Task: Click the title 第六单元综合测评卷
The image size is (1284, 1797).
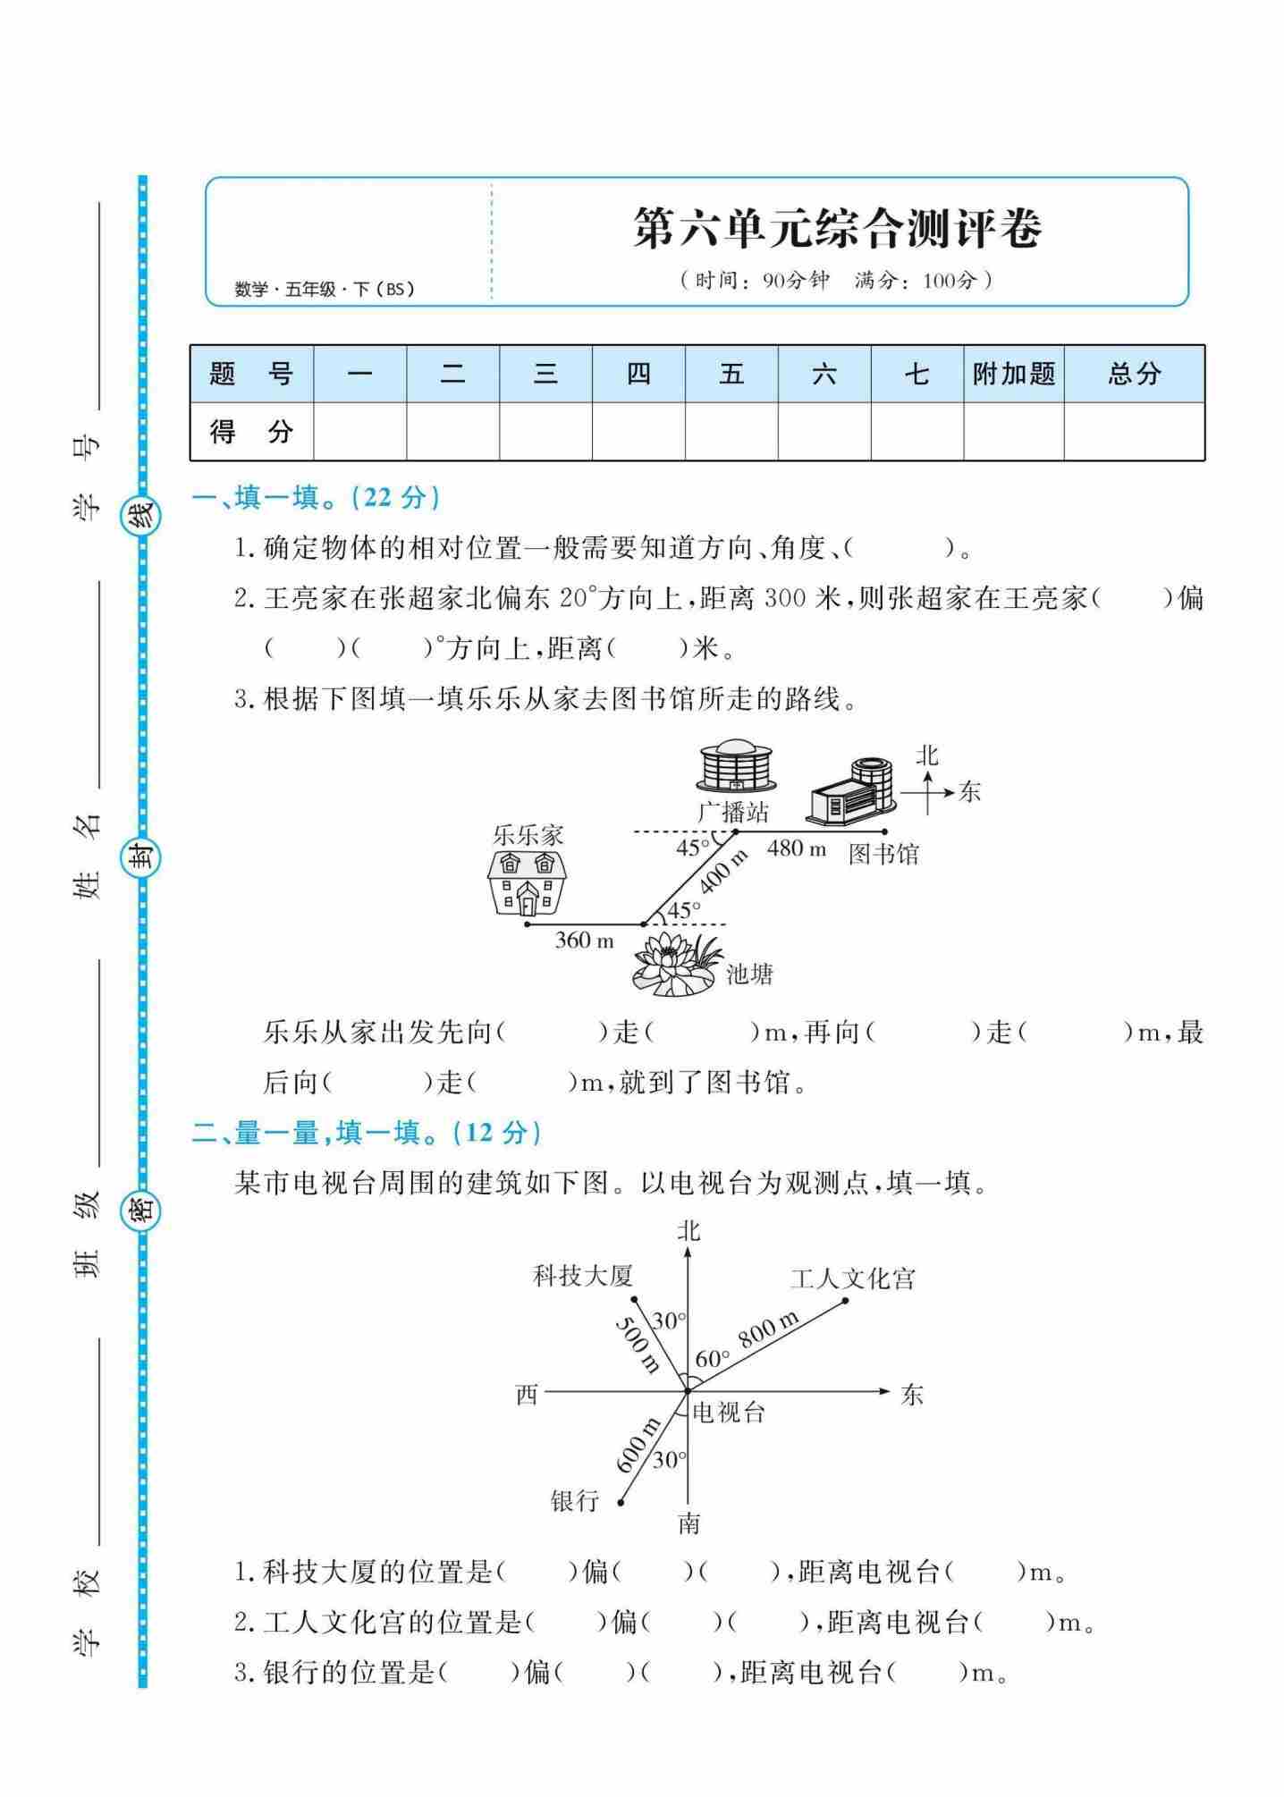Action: click(x=837, y=229)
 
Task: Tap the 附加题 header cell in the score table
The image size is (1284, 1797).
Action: click(x=1014, y=374)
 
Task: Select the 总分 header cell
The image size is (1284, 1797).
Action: click(x=1134, y=374)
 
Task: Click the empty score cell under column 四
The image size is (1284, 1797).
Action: click(x=638, y=431)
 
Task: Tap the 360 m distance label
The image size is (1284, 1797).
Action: click(x=584, y=940)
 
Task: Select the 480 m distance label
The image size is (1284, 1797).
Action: click(x=796, y=848)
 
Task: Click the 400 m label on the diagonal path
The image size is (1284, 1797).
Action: click(x=722, y=872)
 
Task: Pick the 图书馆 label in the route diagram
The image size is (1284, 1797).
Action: click(x=883, y=855)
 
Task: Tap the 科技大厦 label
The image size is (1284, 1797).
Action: click(x=582, y=1276)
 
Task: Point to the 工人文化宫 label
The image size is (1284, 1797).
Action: click(x=852, y=1278)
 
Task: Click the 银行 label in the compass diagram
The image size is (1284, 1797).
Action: click(x=574, y=1501)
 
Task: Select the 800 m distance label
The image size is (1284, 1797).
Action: click(x=768, y=1329)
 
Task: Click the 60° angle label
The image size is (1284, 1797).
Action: click(x=712, y=1359)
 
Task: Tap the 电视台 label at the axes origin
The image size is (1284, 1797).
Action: click(x=729, y=1413)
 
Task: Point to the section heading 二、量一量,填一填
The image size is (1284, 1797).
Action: click(x=367, y=1133)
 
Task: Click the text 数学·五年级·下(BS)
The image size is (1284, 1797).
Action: click(x=325, y=289)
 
